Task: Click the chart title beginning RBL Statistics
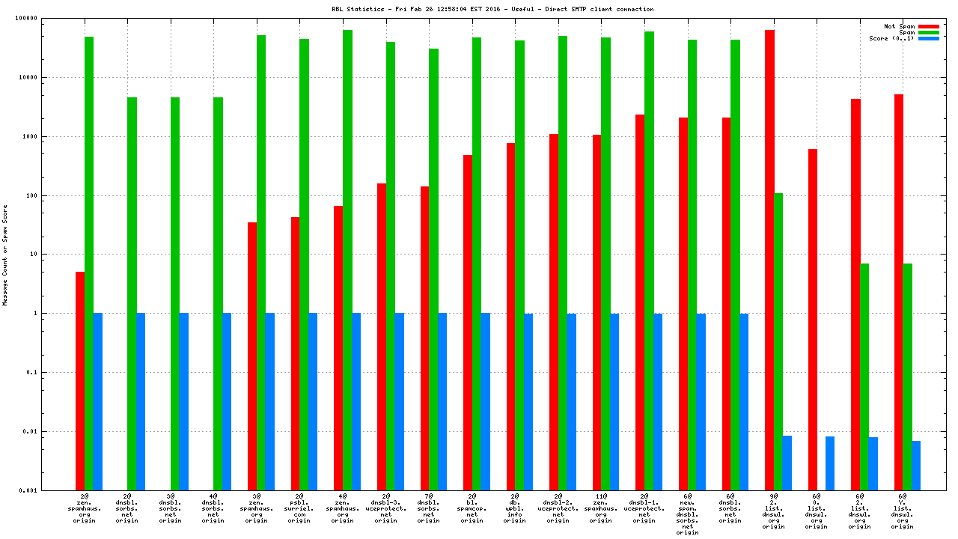coord(492,9)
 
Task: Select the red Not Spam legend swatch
coord(929,26)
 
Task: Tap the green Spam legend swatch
coord(929,32)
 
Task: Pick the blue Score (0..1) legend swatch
coord(929,38)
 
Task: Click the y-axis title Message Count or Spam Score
coord(5,255)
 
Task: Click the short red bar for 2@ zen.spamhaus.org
coord(80,381)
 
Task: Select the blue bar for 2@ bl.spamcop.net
coord(485,401)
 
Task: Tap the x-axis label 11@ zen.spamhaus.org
coord(601,508)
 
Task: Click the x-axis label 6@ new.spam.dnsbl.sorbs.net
coord(687,514)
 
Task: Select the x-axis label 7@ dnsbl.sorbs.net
coord(429,508)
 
